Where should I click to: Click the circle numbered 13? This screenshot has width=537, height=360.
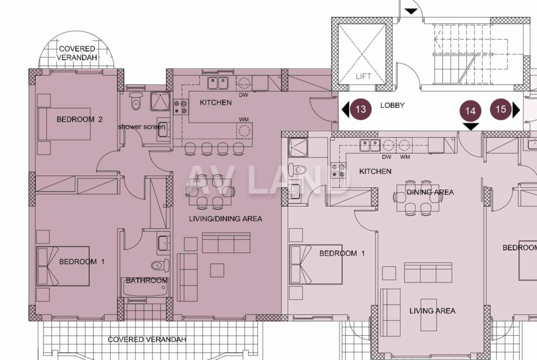point(360,109)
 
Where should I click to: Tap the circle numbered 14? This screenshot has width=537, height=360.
point(470,111)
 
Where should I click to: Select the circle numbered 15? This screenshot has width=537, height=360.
point(501,109)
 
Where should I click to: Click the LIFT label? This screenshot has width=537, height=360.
point(363,76)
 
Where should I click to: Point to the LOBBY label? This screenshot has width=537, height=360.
point(392,105)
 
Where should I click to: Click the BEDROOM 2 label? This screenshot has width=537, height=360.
point(79,119)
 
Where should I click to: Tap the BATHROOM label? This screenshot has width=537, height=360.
point(146,281)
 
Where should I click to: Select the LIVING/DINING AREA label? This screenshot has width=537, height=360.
point(226,219)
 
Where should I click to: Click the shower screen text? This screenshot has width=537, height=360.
point(141,127)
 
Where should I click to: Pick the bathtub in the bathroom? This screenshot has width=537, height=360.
point(145,288)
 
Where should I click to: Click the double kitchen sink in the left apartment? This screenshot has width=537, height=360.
point(218,83)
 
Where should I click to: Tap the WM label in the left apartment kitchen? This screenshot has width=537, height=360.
point(244,119)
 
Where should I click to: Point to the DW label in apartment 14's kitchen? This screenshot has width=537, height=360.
point(386,157)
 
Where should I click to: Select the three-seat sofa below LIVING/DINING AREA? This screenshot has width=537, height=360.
point(226,243)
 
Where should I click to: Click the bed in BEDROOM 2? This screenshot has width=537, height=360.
point(64,124)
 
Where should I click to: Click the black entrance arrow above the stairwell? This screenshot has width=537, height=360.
point(411,11)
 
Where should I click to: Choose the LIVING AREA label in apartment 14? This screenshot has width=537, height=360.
point(432,311)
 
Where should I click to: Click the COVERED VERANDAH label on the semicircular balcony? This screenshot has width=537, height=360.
point(77,53)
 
